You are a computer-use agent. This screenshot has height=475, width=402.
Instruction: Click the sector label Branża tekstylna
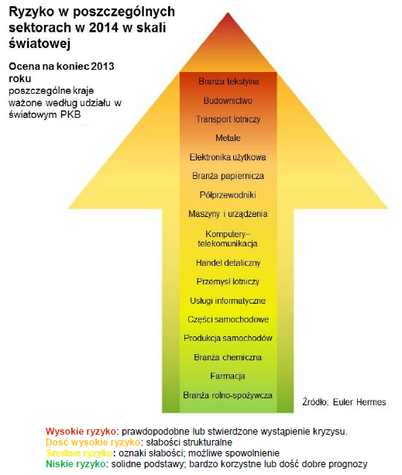click(228, 81)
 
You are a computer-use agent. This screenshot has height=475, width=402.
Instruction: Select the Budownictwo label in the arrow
click(228, 101)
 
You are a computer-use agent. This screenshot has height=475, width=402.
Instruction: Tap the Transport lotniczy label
click(228, 119)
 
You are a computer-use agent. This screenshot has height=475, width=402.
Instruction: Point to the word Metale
click(228, 138)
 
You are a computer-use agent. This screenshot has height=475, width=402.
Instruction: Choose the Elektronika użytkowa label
click(228, 157)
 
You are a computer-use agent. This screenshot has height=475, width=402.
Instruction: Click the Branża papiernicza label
click(228, 176)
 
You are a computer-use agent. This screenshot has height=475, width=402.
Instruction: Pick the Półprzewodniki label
click(228, 194)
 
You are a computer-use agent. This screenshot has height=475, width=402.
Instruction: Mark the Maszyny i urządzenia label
click(228, 214)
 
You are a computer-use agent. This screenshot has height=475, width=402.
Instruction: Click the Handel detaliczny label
click(228, 263)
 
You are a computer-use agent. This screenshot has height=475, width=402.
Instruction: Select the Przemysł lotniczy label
click(228, 282)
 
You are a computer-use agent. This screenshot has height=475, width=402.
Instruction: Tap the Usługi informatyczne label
click(228, 301)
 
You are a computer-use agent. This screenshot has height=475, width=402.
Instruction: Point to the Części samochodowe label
click(228, 319)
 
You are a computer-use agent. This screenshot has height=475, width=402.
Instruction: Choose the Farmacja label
click(228, 377)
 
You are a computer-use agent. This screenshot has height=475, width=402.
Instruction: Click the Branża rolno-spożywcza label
click(228, 395)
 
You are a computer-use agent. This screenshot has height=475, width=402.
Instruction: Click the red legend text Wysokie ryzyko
click(81, 432)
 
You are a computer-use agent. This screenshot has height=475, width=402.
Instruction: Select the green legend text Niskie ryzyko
click(76, 464)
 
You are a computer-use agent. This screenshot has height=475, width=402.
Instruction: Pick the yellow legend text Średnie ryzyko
click(79, 453)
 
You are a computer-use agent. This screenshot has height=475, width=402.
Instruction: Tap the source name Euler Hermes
click(359, 402)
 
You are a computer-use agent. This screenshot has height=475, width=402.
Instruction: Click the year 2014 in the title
click(103, 28)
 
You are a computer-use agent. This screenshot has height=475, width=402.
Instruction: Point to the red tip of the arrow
click(228, 15)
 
